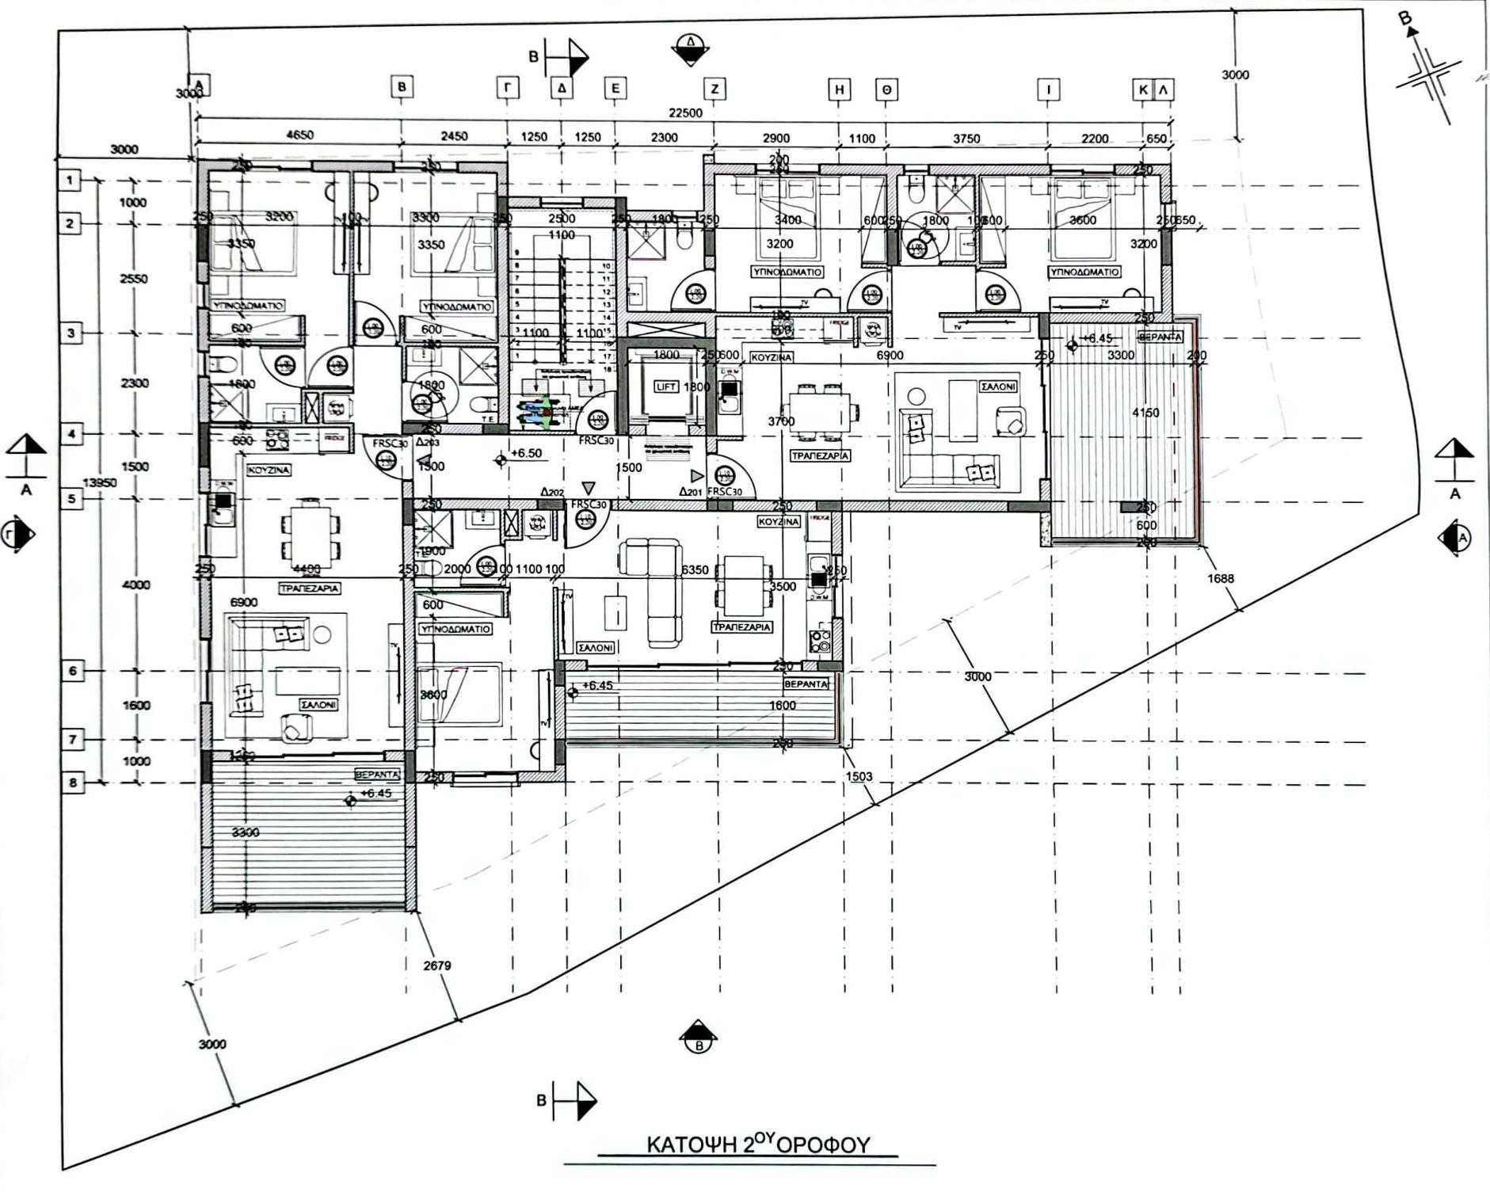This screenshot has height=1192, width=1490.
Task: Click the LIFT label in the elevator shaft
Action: [x=665, y=387]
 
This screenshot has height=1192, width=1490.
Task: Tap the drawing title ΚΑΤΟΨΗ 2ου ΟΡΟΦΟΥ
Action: [x=758, y=1144]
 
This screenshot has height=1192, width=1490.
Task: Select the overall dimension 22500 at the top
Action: [x=685, y=113]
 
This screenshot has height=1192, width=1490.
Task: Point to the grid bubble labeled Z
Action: [x=714, y=89]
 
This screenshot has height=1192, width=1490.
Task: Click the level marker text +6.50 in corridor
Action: [x=526, y=454]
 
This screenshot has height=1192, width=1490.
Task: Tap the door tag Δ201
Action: [x=690, y=491]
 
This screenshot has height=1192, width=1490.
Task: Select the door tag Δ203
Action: [x=427, y=443]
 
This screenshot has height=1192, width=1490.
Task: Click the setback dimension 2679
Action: [x=437, y=965]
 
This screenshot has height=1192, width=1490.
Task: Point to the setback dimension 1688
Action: [x=1220, y=578]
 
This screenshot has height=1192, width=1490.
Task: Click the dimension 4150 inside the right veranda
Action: [x=1145, y=413]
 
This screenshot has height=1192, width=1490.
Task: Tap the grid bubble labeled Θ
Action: [x=886, y=90]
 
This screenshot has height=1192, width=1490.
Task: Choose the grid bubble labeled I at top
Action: [x=1048, y=90]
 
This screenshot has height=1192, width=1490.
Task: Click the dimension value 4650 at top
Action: [x=299, y=135]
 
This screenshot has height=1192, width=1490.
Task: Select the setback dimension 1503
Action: [x=859, y=776]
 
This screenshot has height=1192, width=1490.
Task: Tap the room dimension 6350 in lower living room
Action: [x=694, y=569]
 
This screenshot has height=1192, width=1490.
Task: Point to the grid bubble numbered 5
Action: [x=71, y=499]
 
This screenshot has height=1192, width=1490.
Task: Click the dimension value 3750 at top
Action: [x=966, y=139]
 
